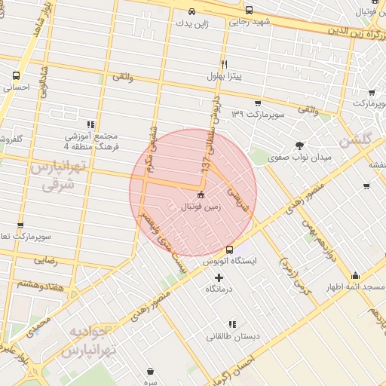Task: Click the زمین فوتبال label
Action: click(200, 206)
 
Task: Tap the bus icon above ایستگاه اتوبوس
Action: click(230, 250)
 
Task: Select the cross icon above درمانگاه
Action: click(219, 277)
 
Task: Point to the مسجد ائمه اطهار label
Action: click(355, 287)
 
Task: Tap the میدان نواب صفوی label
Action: click(300, 158)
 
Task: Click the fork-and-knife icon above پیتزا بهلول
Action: click(224, 65)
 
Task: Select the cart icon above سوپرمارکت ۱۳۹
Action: click(258, 103)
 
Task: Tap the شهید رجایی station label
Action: click(250, 23)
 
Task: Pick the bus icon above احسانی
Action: click(17, 76)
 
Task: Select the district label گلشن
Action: click(357, 139)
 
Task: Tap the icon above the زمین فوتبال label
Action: click(200, 195)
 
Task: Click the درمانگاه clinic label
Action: click(219, 289)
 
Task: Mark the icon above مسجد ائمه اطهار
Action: click(355, 276)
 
